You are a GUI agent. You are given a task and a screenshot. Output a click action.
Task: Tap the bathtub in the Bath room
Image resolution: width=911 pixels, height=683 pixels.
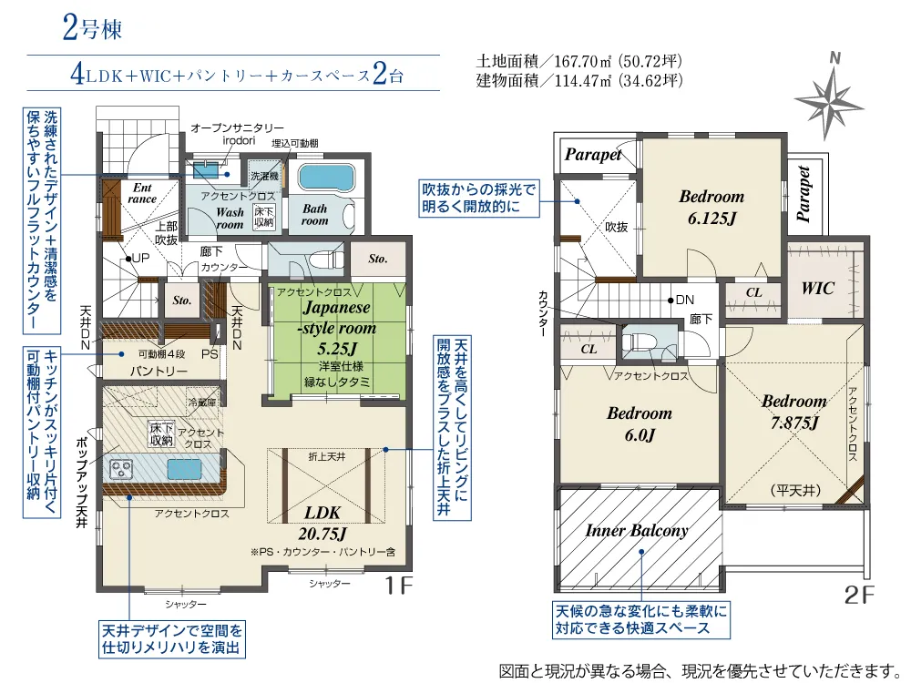pyautogui.click(x=325, y=178)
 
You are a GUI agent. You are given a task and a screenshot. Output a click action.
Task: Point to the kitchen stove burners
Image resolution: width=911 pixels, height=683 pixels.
pyautogui.click(x=121, y=469)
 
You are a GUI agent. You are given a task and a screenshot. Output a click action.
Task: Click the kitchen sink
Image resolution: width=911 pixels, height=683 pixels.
pyautogui.click(x=184, y=469)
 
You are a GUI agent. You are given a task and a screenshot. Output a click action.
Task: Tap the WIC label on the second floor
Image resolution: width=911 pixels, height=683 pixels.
pyautogui.click(x=817, y=288)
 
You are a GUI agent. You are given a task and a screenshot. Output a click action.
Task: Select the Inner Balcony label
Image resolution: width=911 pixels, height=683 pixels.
pyautogui.click(x=637, y=530)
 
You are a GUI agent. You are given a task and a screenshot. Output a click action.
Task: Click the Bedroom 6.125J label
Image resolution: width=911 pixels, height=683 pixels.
pyautogui.click(x=711, y=207)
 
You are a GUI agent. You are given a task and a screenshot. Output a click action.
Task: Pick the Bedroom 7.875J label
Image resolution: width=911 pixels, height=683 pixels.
pyautogui.click(x=794, y=412)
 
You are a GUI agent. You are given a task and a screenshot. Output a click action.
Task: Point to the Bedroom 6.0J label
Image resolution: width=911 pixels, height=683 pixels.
pyautogui.click(x=640, y=424)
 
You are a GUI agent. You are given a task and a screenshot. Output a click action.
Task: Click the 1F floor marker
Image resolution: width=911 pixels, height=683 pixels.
pyautogui.click(x=399, y=585)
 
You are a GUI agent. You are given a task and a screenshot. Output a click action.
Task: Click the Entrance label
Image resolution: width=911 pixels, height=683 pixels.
pyautogui.click(x=142, y=193)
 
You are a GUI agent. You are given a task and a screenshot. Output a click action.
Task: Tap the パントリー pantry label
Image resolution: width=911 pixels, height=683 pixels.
pyautogui.click(x=159, y=371)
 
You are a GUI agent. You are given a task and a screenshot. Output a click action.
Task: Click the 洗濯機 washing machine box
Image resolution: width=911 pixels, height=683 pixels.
pyautogui.click(x=264, y=176)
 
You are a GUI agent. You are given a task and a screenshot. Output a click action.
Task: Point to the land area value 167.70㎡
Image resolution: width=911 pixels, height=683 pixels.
pyautogui.click(x=584, y=60)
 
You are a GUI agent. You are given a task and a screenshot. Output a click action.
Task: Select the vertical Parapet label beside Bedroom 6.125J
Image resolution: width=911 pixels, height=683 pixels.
pyautogui.click(x=804, y=194)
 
